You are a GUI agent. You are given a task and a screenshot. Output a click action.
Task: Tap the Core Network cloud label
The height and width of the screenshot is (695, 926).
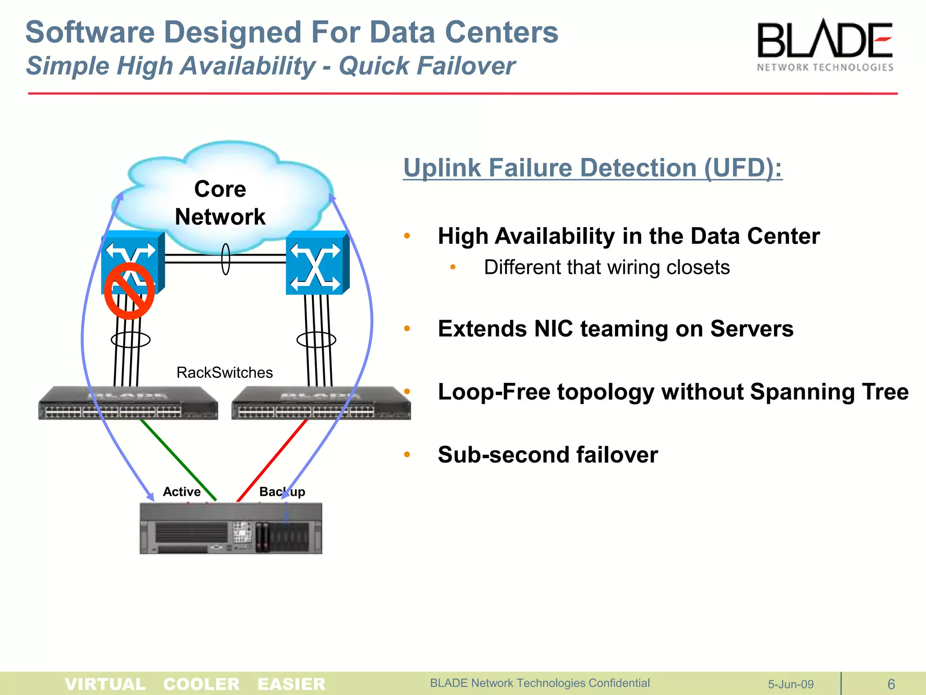point(220,203)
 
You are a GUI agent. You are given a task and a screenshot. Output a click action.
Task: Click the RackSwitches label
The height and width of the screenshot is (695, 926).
point(224,372)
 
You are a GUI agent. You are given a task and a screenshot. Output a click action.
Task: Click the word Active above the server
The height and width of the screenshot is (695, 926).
point(182,491)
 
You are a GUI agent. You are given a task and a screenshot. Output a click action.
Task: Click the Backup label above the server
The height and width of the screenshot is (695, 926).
point(282,491)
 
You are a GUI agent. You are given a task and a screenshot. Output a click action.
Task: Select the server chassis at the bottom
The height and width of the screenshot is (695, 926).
point(231,528)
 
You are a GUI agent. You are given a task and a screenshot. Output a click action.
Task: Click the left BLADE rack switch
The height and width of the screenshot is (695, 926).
point(128,403)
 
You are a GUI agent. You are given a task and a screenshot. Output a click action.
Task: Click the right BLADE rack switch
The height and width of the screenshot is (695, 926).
point(321,403)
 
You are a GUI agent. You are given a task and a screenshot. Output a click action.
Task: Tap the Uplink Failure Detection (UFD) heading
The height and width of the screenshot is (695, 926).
point(592,168)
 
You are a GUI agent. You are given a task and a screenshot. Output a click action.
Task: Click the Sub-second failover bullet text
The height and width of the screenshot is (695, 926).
point(548,454)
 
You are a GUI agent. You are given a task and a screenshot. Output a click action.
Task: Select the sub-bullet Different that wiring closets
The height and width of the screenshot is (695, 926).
point(606,267)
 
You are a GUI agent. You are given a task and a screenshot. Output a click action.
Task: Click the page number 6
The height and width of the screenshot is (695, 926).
point(891,684)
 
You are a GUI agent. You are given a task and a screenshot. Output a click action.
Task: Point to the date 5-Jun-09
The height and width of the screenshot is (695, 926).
point(790,684)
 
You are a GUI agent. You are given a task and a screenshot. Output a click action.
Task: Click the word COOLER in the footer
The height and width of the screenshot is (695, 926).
point(201,684)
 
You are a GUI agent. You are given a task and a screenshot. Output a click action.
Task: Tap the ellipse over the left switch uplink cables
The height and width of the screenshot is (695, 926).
point(130,339)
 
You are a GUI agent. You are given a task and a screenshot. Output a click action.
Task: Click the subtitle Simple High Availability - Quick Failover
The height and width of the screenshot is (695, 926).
point(270,66)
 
